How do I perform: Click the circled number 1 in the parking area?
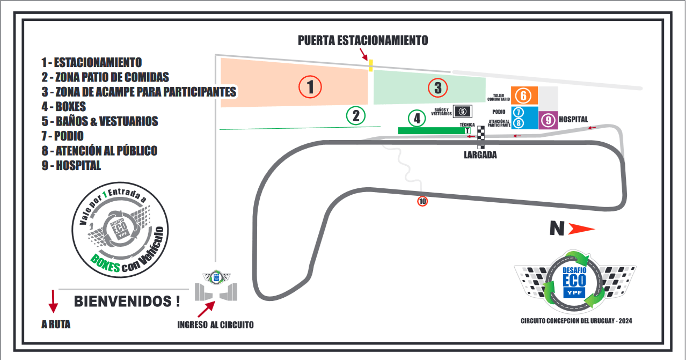[310, 87]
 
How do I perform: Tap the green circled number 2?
[355, 115]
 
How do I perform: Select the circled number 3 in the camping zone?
[437, 87]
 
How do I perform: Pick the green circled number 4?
[417, 118]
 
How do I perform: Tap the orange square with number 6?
[523, 95]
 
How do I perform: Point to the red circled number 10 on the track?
[422, 202]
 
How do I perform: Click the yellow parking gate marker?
[370, 65]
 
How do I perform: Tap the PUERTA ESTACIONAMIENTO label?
[363, 40]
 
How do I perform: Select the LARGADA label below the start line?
[480, 156]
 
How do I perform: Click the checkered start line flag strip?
[481, 137]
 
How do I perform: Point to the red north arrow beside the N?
[581, 229]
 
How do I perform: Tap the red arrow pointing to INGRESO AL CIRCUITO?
[207, 309]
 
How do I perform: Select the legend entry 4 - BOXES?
[63, 106]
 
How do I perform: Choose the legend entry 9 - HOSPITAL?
[71, 166]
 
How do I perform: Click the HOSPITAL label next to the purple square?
[573, 119]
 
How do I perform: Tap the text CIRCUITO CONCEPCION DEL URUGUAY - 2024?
[576, 321]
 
